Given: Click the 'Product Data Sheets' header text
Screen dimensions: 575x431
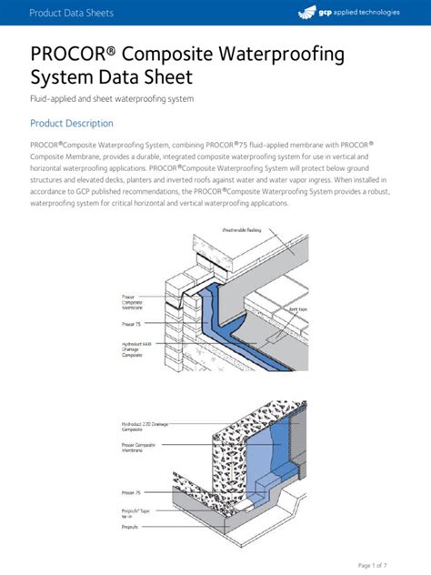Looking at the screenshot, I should click(71, 12).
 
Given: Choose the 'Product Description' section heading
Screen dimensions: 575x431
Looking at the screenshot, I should click(72, 123).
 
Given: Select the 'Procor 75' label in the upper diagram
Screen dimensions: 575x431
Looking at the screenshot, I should click(131, 323).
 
